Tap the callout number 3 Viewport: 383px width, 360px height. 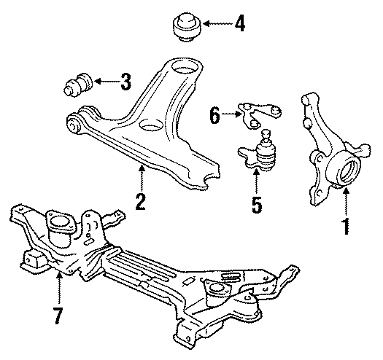tap(125, 81)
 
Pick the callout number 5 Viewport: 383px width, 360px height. tap(255, 203)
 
